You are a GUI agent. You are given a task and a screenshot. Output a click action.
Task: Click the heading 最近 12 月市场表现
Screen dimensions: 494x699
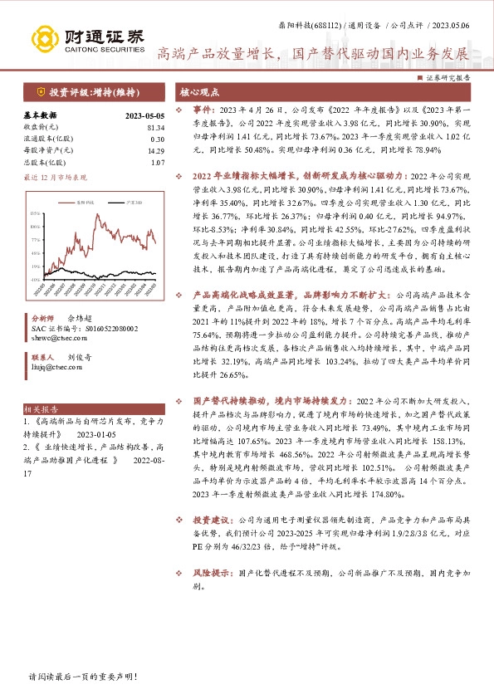[55, 178]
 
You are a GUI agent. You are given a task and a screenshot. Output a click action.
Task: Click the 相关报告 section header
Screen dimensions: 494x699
[40, 409]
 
